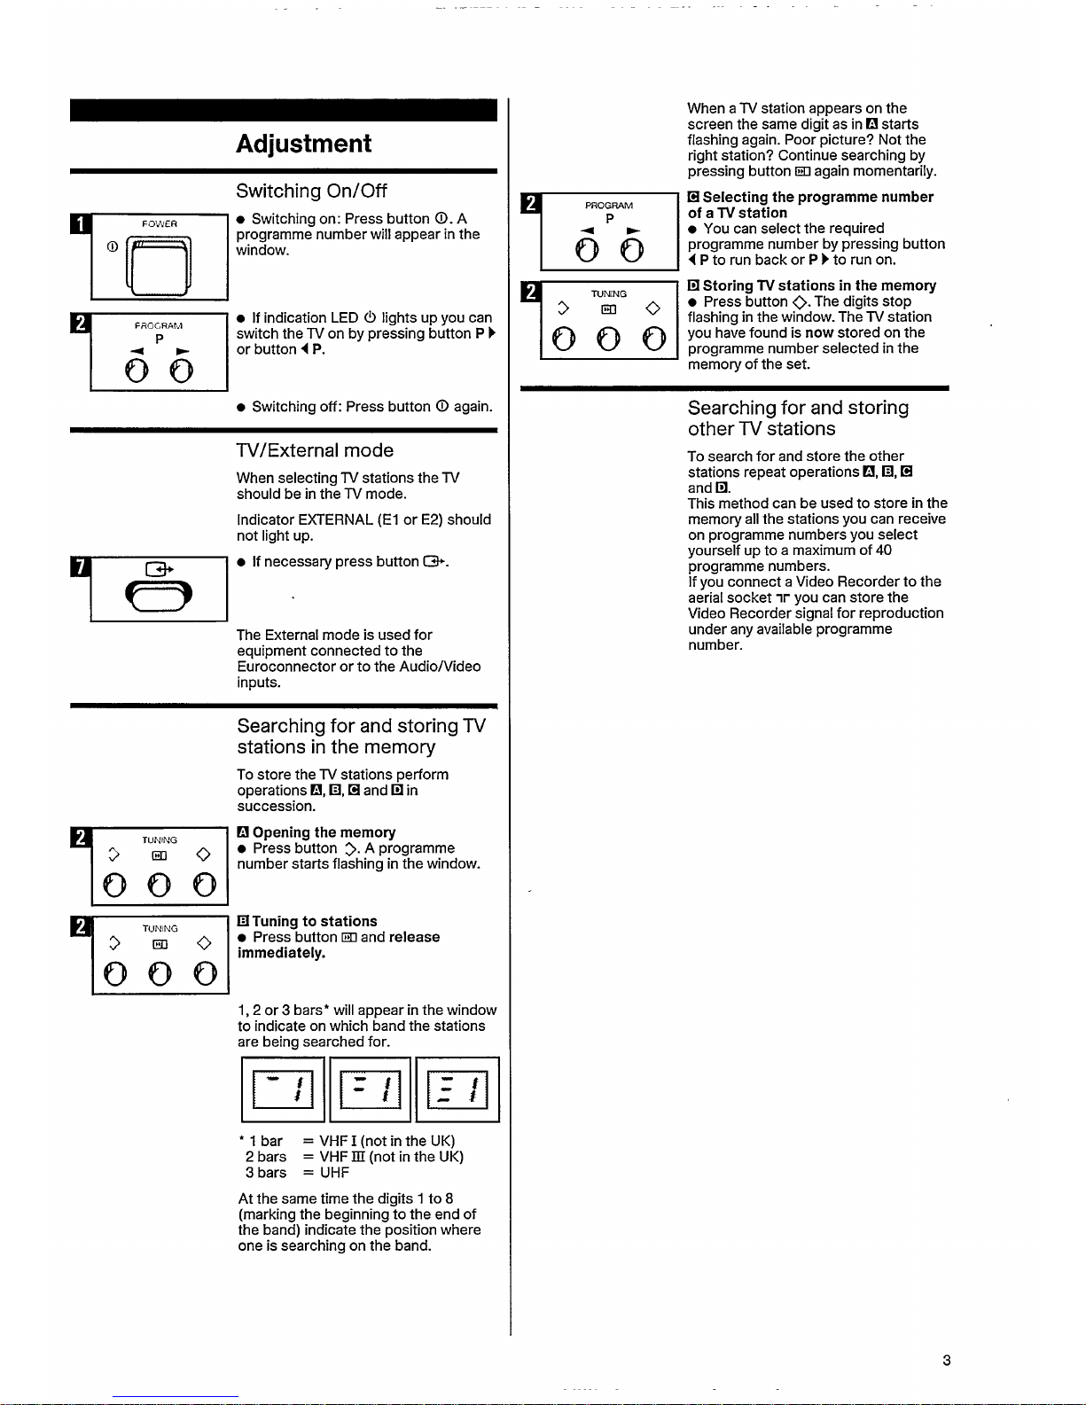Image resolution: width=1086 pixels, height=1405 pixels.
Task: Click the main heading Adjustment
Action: tap(303, 144)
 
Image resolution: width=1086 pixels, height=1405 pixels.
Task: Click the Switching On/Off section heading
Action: tap(311, 191)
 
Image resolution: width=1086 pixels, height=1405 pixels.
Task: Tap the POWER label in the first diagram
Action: tap(159, 223)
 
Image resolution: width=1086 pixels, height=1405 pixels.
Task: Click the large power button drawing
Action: tap(159, 266)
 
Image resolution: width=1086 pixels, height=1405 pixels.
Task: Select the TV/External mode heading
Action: tap(315, 450)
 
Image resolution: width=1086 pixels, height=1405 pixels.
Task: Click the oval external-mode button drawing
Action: tap(159, 596)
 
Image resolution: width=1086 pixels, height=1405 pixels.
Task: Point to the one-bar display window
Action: tap(283, 1089)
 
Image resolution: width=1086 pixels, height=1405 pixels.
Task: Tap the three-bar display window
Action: tap(457, 1089)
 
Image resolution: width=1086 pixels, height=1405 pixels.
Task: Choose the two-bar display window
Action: tap(371, 1089)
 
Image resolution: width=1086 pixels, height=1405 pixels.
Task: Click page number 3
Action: tap(947, 1361)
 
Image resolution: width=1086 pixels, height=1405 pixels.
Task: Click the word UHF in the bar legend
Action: tap(334, 1172)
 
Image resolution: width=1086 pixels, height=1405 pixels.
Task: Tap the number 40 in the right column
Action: tap(884, 550)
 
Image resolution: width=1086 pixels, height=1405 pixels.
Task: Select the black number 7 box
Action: tap(80, 567)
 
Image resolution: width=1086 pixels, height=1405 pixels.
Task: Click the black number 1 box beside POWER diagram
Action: tap(80, 223)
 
